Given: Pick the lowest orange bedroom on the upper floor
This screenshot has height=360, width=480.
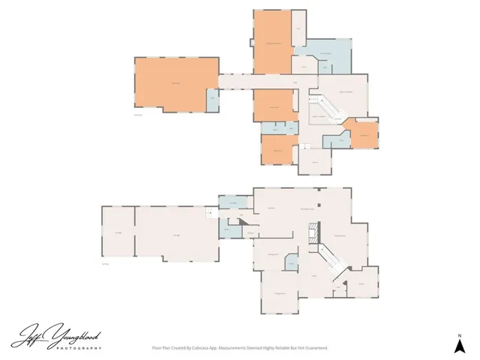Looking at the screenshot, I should [277, 149].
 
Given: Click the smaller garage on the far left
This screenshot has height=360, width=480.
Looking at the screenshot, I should [117, 234].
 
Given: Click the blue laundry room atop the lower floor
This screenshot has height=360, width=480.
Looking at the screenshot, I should [233, 203].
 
